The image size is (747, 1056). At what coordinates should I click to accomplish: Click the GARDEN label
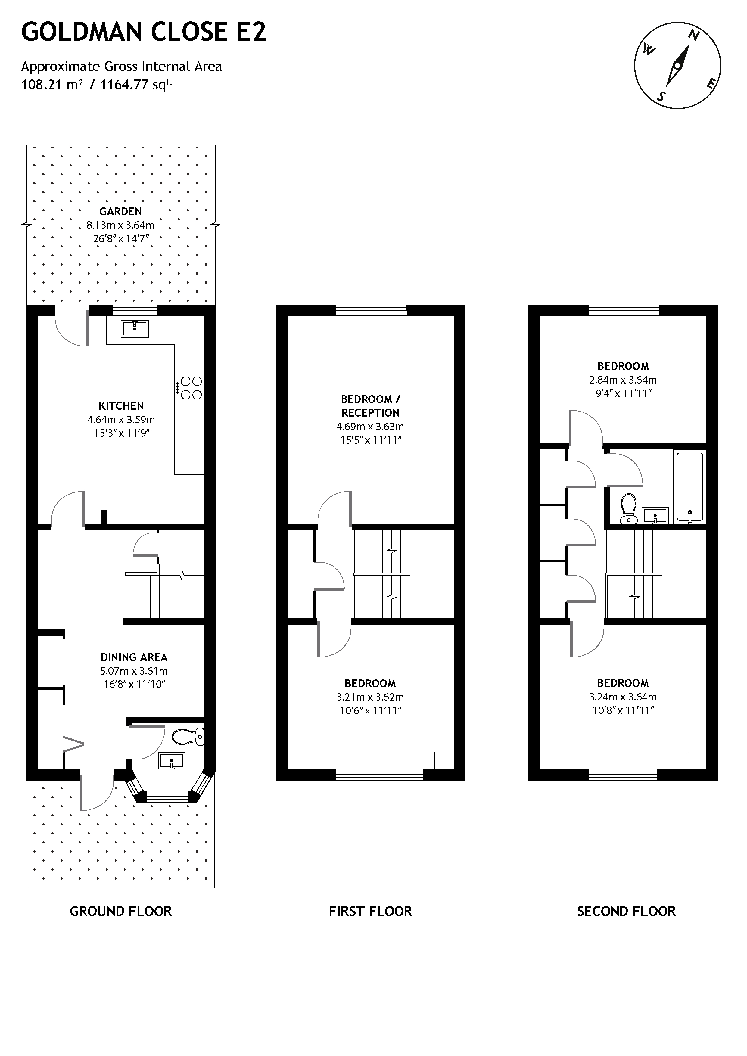(120, 212)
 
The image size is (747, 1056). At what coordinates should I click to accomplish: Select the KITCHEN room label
(121, 406)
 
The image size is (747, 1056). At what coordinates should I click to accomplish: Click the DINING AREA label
(134, 657)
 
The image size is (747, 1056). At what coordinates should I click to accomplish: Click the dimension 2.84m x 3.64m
(623, 380)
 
